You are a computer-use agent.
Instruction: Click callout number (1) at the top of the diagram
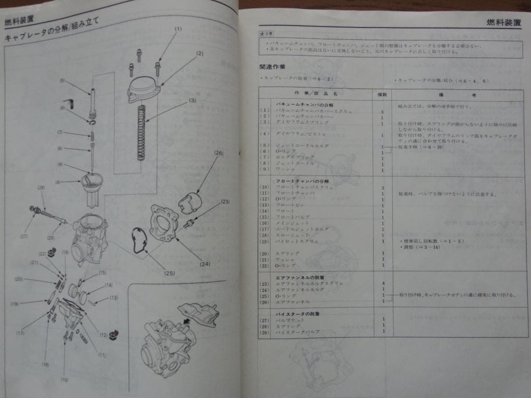pos(178,28)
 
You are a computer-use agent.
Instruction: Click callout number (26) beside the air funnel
pos(219,153)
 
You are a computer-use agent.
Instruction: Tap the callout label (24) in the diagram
pos(205,264)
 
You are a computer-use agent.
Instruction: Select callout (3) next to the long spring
pos(192,100)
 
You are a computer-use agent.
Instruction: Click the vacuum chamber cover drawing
pos(145,88)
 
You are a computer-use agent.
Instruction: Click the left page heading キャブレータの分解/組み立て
pos(52,30)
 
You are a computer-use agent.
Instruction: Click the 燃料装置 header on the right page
pos(504,22)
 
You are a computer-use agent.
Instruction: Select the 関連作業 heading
pos(272,66)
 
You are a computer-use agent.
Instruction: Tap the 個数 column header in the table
pos(382,93)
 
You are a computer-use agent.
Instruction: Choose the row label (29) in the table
pos(265,332)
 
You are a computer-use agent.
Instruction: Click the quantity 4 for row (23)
pos(382,284)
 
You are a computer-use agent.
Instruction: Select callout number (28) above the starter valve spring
pos(41,188)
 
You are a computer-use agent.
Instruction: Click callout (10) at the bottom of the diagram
pos(64,379)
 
